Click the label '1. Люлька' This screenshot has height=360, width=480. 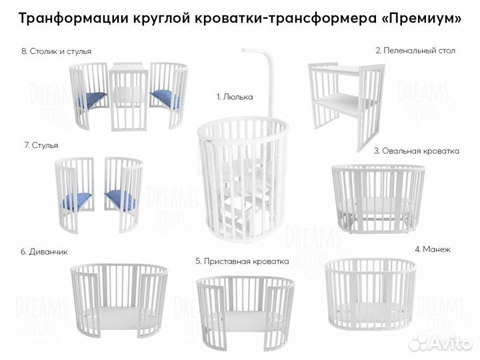(x=235, y=97)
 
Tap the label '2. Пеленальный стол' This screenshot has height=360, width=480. (x=415, y=50)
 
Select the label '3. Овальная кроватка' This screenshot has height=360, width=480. (x=417, y=151)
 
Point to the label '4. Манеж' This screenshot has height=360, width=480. (x=433, y=249)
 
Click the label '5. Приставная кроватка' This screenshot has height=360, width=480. (x=241, y=261)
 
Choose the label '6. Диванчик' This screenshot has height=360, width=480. (x=44, y=251)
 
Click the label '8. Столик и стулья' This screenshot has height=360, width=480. (x=57, y=51)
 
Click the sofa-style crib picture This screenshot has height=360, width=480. (x=119, y=300)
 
